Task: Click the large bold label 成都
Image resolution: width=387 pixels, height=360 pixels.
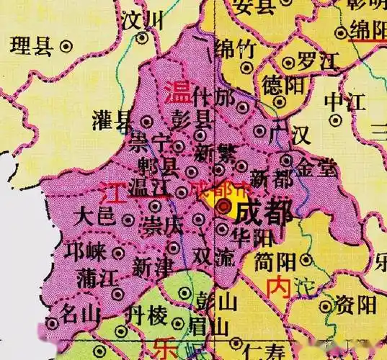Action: (x=264, y=212)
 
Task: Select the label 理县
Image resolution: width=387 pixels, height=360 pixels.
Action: (x=32, y=48)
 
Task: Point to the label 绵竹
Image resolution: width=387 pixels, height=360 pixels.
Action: (x=236, y=50)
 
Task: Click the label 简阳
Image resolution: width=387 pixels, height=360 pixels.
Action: (x=274, y=259)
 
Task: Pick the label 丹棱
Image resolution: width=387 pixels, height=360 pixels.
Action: (x=146, y=315)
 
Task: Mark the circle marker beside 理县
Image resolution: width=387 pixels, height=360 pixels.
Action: (x=66, y=46)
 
